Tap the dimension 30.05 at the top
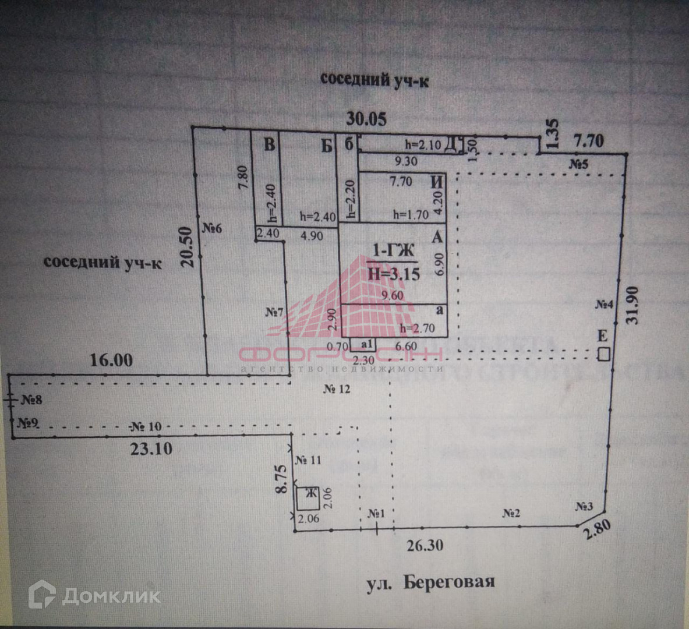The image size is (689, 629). click(x=366, y=119)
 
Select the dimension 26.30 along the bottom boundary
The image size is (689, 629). click(x=425, y=545)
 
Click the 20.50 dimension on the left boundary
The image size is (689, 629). click(x=187, y=246)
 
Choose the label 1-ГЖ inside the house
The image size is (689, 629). click(x=393, y=251)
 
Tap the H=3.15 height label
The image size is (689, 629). click(x=394, y=273)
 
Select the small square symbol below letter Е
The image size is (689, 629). click(x=605, y=354)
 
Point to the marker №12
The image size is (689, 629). click(x=337, y=389)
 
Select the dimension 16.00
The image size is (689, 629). click(x=111, y=360)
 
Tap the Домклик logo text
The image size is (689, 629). click(x=111, y=595)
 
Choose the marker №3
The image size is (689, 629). click(x=584, y=506)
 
